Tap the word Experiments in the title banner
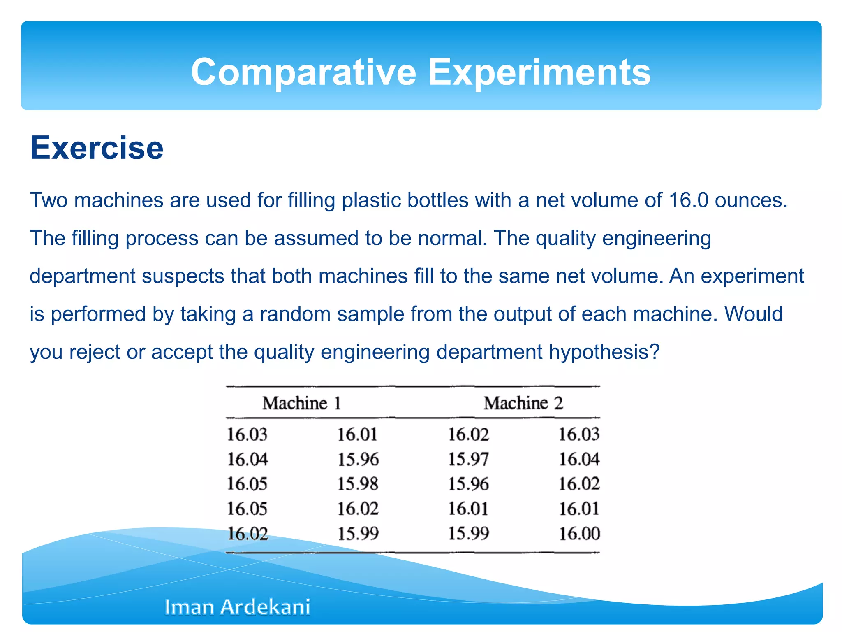(x=539, y=72)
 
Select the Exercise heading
(x=97, y=148)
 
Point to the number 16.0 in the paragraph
(x=689, y=200)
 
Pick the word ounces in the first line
(x=751, y=200)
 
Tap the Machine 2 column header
(x=523, y=403)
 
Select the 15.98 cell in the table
(x=358, y=484)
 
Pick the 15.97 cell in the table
(x=468, y=459)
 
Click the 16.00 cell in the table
(x=579, y=534)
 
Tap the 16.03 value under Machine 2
(x=579, y=434)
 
